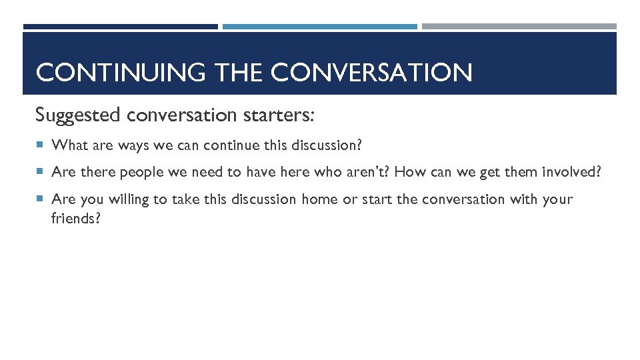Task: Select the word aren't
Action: click(369, 172)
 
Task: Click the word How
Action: click(410, 172)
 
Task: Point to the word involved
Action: click(570, 172)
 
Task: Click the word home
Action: click(320, 199)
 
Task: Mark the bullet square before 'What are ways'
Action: click(41, 145)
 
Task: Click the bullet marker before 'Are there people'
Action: click(41, 172)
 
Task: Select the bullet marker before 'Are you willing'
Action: click(41, 199)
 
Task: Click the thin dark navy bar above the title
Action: click(120, 27)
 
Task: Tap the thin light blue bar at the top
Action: click(319, 27)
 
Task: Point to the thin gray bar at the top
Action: click(519, 27)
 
